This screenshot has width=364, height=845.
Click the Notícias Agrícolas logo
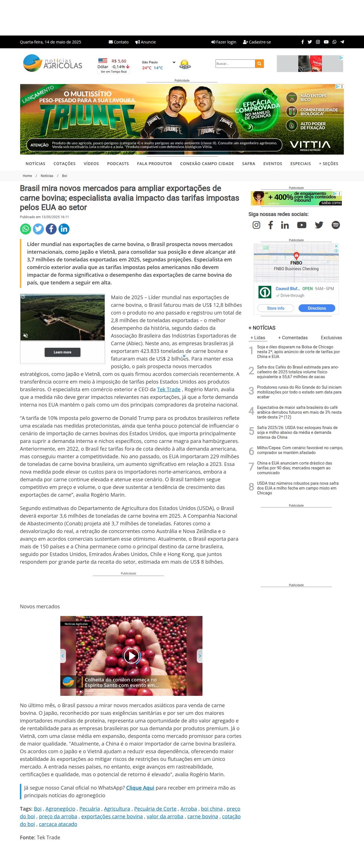[x=53, y=63]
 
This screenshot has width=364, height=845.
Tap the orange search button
[x=259, y=64]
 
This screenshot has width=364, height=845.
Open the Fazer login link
[x=224, y=42]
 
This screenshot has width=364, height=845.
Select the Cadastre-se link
[x=257, y=42]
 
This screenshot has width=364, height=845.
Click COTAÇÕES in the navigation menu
[x=64, y=164]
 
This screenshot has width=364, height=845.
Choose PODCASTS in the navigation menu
[x=118, y=164]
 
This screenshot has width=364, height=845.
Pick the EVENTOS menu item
[x=272, y=164]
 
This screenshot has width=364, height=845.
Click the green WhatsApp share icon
[x=26, y=229]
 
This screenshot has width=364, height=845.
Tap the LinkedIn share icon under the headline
[x=64, y=229]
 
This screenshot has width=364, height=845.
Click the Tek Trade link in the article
[x=169, y=389]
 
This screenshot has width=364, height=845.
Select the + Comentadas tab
[x=293, y=338]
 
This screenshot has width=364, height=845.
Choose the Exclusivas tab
[x=331, y=338]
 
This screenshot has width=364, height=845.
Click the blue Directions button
[x=317, y=308]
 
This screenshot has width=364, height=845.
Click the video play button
[x=131, y=656]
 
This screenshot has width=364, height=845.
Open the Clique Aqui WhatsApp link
[x=140, y=788]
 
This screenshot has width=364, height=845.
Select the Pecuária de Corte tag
[x=155, y=809]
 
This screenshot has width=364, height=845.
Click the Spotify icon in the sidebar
[x=336, y=225]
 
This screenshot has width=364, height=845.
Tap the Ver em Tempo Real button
[x=113, y=72]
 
